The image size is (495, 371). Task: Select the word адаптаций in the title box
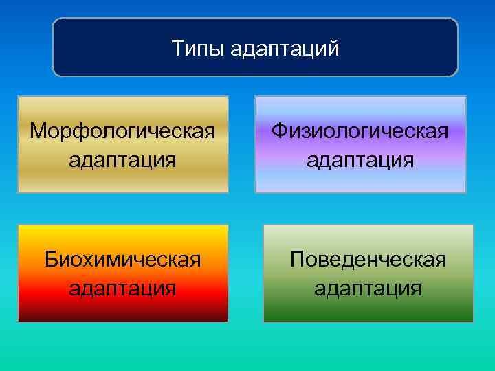[285, 49]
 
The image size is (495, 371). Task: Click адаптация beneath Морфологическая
[122, 160]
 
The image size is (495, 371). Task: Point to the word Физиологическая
[360, 131]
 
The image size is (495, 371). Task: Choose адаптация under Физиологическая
[360, 160]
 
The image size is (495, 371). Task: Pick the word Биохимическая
[122, 260]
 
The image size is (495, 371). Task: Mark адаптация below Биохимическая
[122, 288]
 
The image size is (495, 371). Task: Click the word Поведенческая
[368, 260]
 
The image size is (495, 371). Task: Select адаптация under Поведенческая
[368, 288]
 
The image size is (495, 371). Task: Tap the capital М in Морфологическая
[38, 131]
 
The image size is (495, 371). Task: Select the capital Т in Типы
[177, 48]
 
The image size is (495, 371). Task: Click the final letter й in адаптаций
[334, 49]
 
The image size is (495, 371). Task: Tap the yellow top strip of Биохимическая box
[122, 231]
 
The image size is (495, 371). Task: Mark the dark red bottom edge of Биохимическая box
[122, 317]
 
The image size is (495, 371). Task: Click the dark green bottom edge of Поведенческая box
[368, 317]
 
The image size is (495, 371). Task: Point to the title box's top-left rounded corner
[57, 22]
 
